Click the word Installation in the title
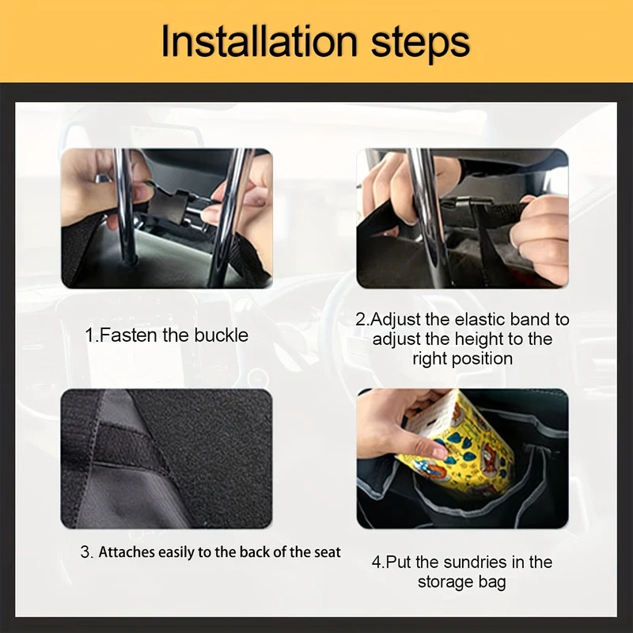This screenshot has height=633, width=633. [260, 41]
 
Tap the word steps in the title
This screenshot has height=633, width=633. [420, 44]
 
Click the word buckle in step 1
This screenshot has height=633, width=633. [222, 335]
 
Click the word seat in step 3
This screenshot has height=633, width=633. [327, 552]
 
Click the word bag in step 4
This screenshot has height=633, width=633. [492, 582]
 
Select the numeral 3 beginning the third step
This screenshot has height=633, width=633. [85, 552]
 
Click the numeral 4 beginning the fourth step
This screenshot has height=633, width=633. [377, 562]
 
